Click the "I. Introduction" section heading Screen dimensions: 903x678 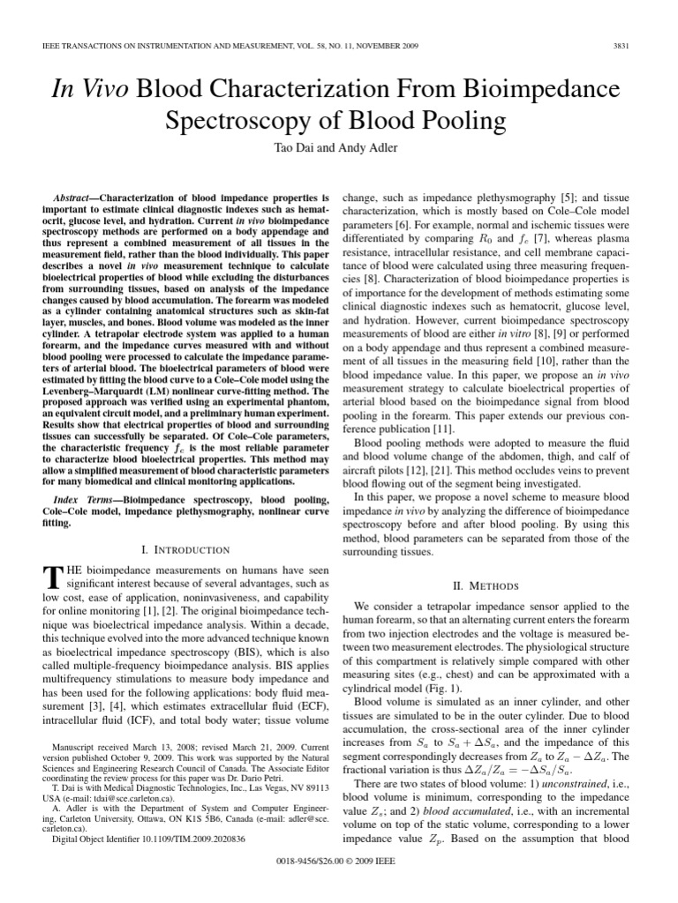tap(186, 549)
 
